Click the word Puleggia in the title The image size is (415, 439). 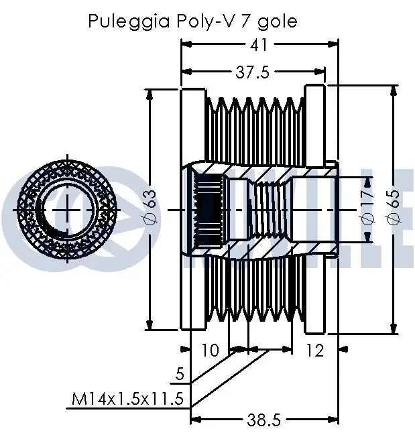pyautogui.click(x=129, y=21)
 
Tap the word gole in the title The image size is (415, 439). pyautogui.click(x=278, y=21)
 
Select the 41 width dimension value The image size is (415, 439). pyautogui.click(x=259, y=44)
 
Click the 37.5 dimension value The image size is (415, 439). pyautogui.click(x=253, y=72)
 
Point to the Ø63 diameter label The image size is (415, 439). pyautogui.click(x=152, y=207)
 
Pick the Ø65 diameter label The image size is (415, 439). pyautogui.click(x=394, y=207)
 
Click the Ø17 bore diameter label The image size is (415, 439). pyautogui.click(x=369, y=208)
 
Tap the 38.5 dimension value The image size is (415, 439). pyautogui.click(x=263, y=420)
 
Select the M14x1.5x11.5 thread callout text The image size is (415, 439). pyautogui.click(x=127, y=399)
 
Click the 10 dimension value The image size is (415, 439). pyautogui.click(x=211, y=350)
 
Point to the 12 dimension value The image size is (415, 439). pyautogui.click(x=315, y=350)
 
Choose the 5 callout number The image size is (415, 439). pyautogui.click(x=180, y=373)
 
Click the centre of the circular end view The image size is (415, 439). pyautogui.click(x=67, y=209)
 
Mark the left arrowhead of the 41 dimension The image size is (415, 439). pyautogui.click(x=186, y=44)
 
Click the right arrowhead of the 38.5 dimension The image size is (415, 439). pyautogui.click(x=333, y=420)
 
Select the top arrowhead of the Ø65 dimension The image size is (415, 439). pyautogui.click(x=394, y=90)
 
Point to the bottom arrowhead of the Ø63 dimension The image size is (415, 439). pyautogui.click(x=150, y=325)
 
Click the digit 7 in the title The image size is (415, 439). pyautogui.click(x=245, y=20)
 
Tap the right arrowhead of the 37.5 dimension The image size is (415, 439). pyautogui.click(x=320, y=72)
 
